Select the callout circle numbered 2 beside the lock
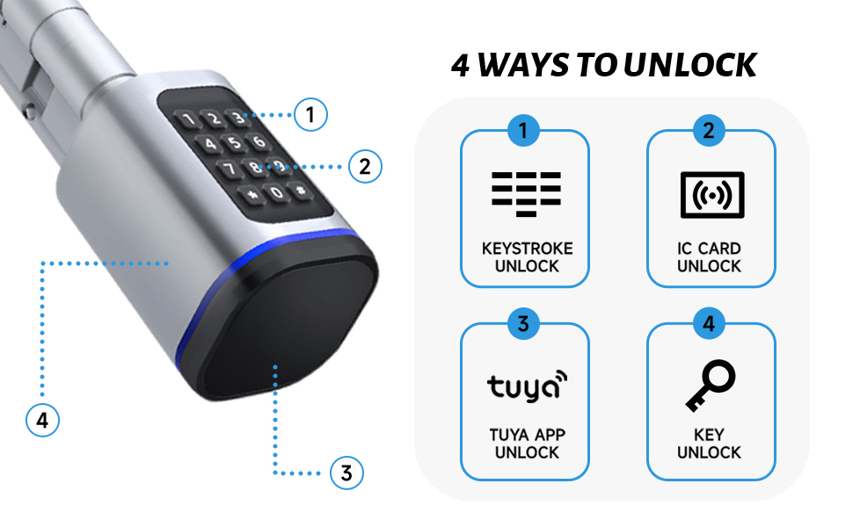[x=365, y=165]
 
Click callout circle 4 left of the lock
[x=41, y=420]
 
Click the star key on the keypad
[x=253, y=193]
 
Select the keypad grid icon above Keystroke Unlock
[x=525, y=194]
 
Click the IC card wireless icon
[x=711, y=194]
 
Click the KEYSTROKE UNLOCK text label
[x=526, y=257]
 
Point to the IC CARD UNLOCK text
[x=709, y=257]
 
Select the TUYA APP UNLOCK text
[x=526, y=444]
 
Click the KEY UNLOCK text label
[x=709, y=444]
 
